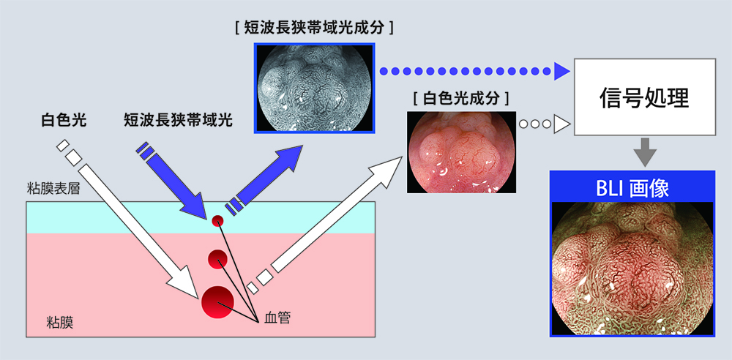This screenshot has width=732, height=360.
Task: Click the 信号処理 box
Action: pyautogui.click(x=644, y=97)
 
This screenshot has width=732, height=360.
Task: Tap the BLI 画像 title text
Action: pyautogui.click(x=633, y=188)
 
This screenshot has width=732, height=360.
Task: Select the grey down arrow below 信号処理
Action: pyautogui.click(x=645, y=152)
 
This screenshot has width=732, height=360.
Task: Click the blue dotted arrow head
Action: pyautogui.click(x=562, y=72)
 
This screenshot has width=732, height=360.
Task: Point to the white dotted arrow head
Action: pyautogui.click(x=562, y=124)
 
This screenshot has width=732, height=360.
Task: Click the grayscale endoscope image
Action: pyautogui.click(x=315, y=88)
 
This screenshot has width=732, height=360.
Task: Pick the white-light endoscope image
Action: pyautogui.click(x=461, y=152)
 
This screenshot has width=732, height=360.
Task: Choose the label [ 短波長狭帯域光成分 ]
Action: pyautogui.click(x=315, y=28)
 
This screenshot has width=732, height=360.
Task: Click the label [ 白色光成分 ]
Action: pyautogui.click(x=460, y=99)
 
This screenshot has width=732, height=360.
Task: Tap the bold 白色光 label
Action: pyautogui.click(x=64, y=121)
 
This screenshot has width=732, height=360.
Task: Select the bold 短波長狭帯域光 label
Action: pyautogui.click(x=178, y=121)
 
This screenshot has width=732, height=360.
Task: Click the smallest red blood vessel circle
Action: pyautogui.click(x=217, y=221)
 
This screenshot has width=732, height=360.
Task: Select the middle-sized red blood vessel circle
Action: pyautogui.click(x=217, y=260)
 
